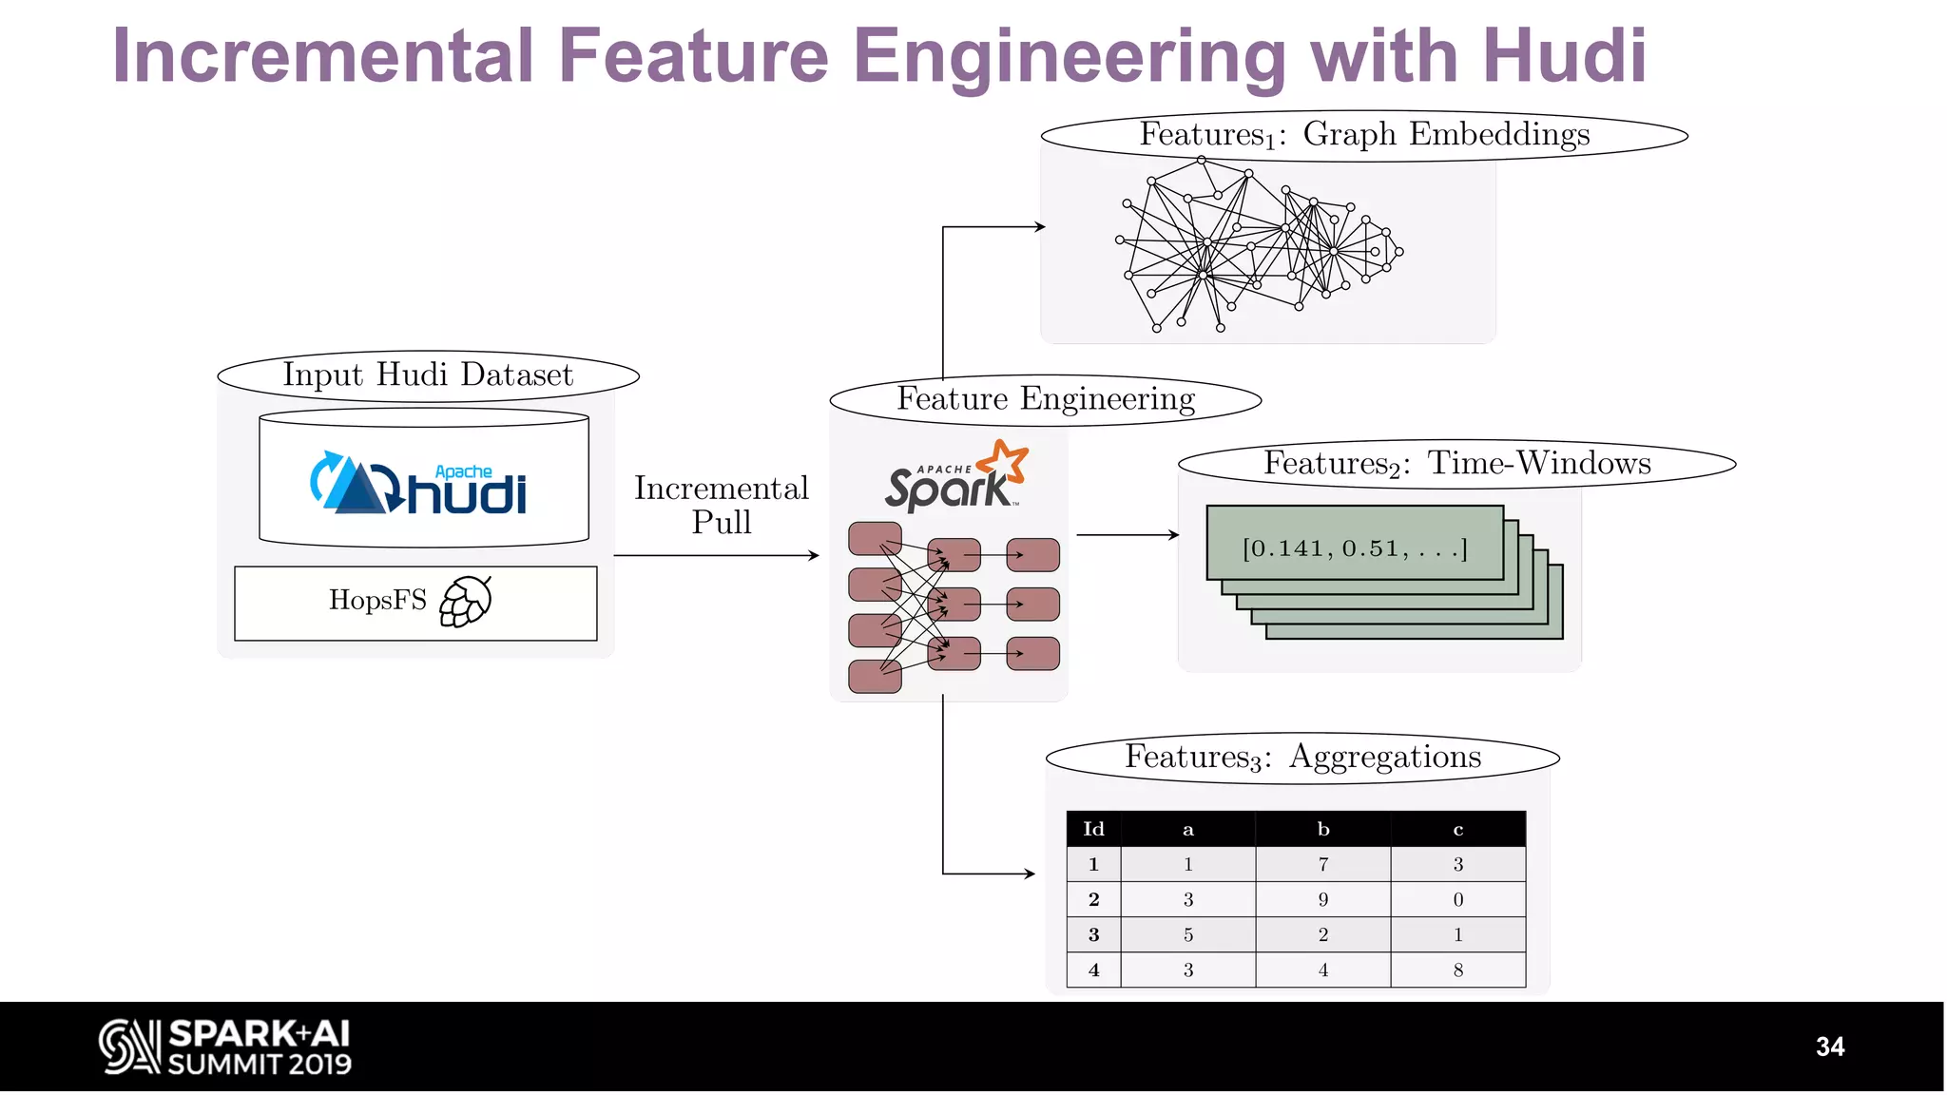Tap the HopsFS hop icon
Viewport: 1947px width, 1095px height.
(466, 602)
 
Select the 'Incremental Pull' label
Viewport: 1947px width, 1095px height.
(721, 505)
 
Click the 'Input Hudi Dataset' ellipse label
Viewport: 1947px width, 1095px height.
(428, 375)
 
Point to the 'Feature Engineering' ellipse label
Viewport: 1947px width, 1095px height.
(1046, 398)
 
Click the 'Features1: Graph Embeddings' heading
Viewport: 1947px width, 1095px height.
(1364, 135)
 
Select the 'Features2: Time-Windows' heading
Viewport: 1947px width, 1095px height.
(1456, 464)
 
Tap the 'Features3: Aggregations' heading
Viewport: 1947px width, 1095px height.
(1302, 757)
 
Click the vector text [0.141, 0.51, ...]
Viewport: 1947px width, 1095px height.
(1355, 548)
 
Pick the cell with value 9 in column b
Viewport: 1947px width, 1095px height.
(1322, 899)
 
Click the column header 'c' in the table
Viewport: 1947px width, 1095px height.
(1457, 829)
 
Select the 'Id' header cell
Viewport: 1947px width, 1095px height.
(1093, 829)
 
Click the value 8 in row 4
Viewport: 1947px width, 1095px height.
(1457, 970)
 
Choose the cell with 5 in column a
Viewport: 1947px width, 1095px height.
(1187, 934)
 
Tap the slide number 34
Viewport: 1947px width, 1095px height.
(1829, 1047)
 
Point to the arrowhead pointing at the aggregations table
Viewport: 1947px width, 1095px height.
(1030, 874)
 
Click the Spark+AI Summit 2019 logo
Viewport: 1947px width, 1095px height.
(225, 1047)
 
